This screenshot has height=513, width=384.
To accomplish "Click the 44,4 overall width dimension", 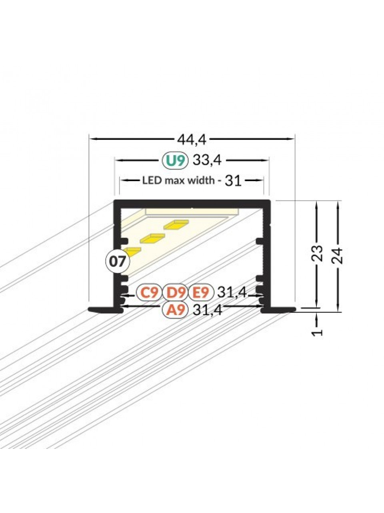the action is coord(192,140).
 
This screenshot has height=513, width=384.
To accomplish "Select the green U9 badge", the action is coord(175,161).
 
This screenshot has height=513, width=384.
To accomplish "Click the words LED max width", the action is coord(178,181).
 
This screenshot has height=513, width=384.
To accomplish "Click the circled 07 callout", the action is coord(118,262).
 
